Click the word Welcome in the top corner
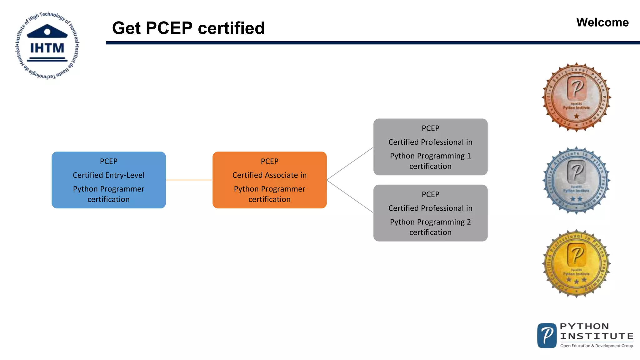click(x=602, y=22)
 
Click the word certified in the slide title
click(x=231, y=28)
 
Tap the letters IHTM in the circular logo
click(x=47, y=48)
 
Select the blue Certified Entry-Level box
click(x=108, y=180)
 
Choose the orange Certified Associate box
click(x=269, y=180)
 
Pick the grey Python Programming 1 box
click(x=430, y=147)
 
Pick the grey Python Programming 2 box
click(x=430, y=213)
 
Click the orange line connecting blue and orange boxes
click(x=189, y=180)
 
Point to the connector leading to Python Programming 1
click(x=350, y=164)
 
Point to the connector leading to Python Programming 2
click(x=350, y=196)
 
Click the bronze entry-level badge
click(x=576, y=97)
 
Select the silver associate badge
click(x=576, y=181)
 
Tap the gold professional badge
click(x=576, y=263)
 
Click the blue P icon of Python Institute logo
click(x=547, y=336)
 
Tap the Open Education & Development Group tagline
click(x=596, y=346)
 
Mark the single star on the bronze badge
click(x=577, y=116)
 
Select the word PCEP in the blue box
click(x=108, y=161)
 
